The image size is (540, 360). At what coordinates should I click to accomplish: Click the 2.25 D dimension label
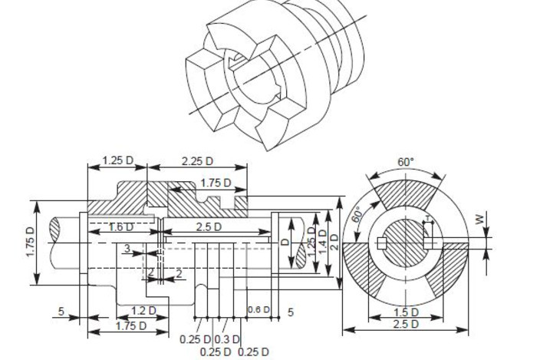tap(197, 160)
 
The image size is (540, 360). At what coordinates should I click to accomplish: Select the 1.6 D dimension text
tap(121, 227)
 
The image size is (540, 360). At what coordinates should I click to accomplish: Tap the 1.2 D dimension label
tap(143, 311)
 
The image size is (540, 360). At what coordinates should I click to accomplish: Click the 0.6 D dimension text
tap(258, 310)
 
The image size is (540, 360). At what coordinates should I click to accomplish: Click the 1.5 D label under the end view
tap(406, 312)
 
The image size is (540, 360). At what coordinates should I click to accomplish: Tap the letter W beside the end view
tap(481, 220)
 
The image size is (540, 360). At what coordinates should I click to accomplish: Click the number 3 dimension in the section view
tap(127, 249)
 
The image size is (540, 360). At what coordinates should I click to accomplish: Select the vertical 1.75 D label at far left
tap(30, 243)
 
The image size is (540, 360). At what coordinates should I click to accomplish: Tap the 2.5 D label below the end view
tap(406, 324)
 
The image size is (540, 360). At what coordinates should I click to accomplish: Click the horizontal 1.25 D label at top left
tap(117, 160)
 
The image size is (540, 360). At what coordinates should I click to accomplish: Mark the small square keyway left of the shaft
tap(381, 243)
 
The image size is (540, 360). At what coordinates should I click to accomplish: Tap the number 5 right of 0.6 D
tap(291, 312)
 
